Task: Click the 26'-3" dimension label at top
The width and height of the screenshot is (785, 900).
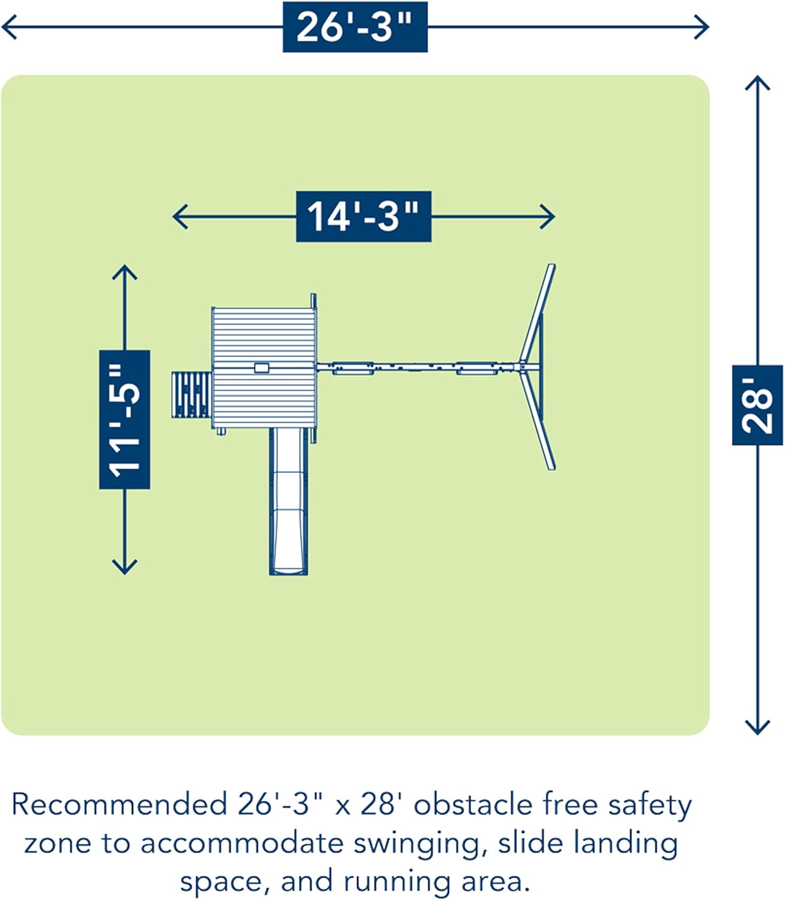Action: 355,27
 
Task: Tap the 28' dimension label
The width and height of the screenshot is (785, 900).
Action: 757,404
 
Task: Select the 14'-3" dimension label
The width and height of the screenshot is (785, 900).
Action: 363,217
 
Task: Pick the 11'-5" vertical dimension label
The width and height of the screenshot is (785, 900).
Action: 124,419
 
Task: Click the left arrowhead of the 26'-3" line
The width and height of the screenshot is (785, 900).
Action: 7,27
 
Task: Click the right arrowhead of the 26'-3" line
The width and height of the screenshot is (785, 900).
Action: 703,27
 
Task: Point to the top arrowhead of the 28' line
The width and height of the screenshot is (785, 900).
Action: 757,81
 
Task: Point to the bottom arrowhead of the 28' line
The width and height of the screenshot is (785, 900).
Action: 757,729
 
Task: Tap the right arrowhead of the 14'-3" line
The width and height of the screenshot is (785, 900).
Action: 549,217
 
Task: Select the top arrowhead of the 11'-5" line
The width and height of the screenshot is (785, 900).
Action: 124,271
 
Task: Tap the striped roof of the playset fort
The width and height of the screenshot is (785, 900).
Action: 263,367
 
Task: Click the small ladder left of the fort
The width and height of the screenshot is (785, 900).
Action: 191,395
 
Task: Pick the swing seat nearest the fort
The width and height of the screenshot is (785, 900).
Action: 353,368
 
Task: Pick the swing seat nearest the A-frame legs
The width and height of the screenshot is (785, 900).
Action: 477,368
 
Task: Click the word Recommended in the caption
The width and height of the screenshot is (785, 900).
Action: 119,805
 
